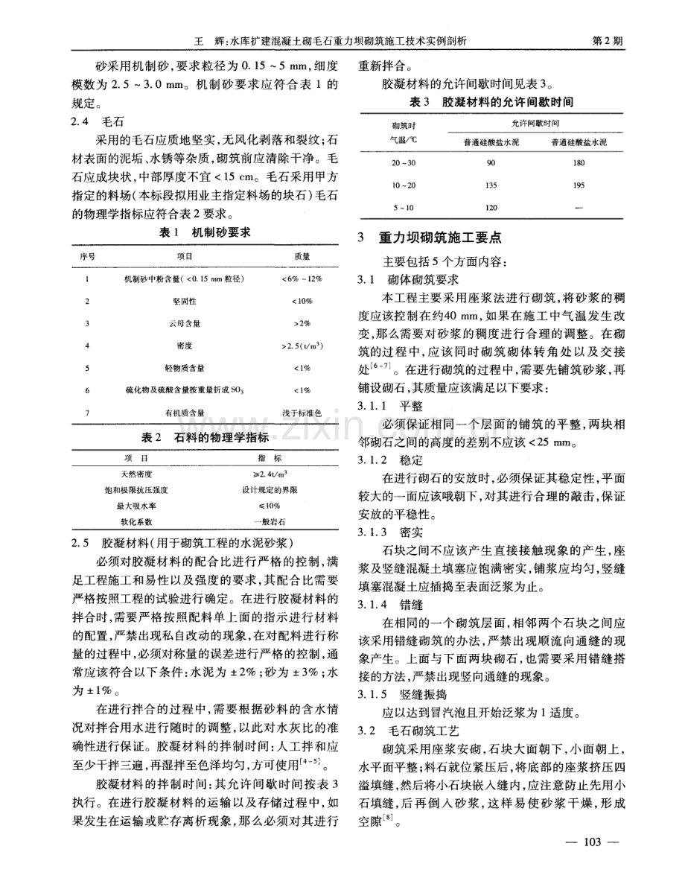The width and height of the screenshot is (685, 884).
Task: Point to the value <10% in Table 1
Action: [302, 302]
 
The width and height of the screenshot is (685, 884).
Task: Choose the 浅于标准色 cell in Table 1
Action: [302, 413]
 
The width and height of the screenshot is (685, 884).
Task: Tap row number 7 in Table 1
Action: [87, 413]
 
